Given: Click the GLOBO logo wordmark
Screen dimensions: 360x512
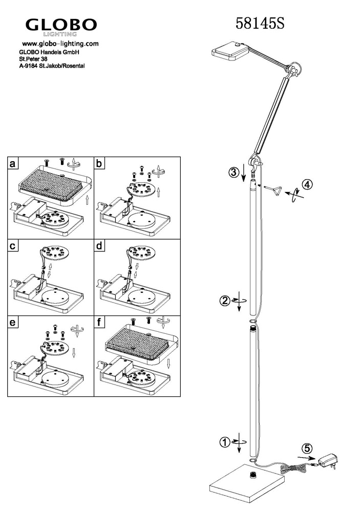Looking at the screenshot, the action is coord(61,25).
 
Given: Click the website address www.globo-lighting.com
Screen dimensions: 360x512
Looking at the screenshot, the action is coord(60,44).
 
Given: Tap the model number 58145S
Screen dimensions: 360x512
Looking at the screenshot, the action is coord(260,24).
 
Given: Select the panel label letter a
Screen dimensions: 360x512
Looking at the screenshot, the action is coord(12,163).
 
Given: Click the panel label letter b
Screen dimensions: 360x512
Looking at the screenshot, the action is coord(99,163).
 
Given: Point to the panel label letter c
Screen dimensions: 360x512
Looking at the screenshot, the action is coord(12,246).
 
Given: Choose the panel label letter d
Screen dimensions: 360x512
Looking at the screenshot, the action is coord(99,246).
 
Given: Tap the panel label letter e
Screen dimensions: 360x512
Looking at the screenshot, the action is coord(12,323).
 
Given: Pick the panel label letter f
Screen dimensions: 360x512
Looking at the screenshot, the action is coord(99,323).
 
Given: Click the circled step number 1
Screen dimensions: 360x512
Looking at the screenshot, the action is coord(225,442).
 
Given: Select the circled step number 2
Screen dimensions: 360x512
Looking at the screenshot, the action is coord(225,300).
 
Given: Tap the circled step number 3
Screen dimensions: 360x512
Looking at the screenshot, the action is coord(234,172).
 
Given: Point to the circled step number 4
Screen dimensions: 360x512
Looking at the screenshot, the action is coord(307,185).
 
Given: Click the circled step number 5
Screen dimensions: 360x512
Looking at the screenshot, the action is coord(307,449).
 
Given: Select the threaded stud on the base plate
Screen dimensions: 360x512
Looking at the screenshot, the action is coord(252,475).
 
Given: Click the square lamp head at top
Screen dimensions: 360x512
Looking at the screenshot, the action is coord(231,51).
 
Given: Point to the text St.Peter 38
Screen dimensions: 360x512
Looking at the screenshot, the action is coord(33,59).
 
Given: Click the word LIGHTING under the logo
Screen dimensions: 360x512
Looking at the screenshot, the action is coord(60,34).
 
